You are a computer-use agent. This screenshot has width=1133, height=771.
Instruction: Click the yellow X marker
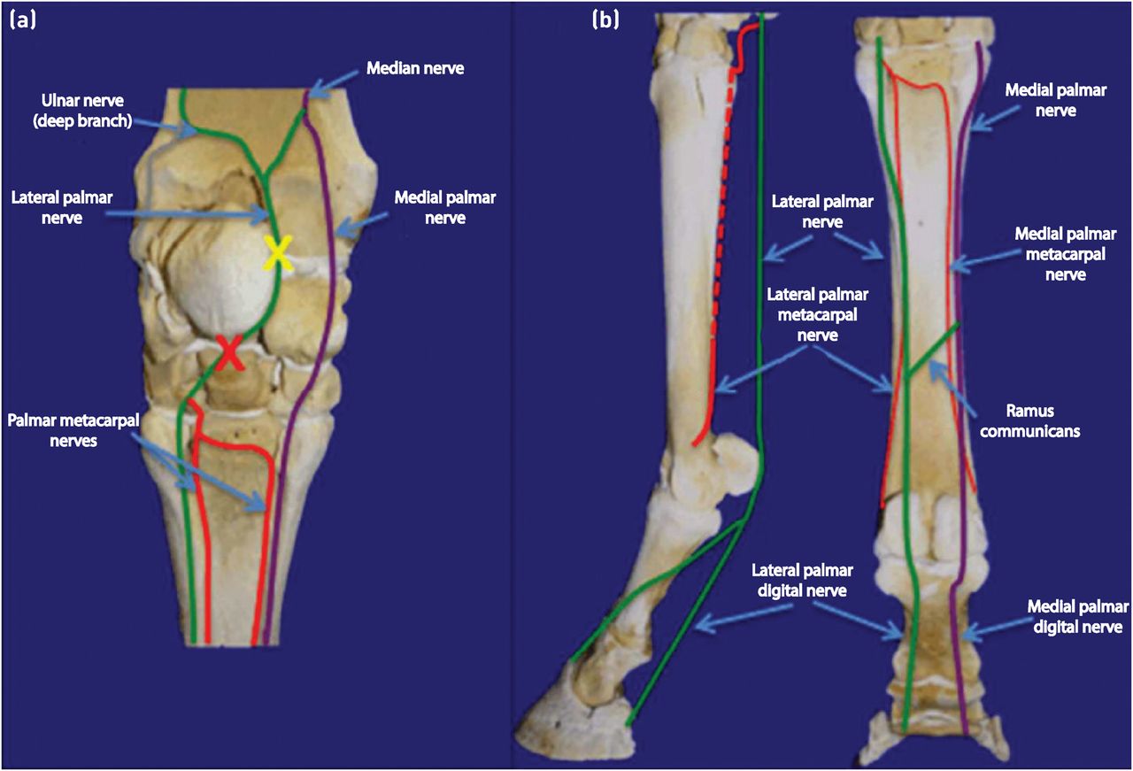click(x=277, y=254)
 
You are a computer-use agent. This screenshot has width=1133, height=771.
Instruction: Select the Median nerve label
click(x=413, y=67)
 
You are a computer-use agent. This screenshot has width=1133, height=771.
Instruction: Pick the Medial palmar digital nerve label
click(x=1077, y=617)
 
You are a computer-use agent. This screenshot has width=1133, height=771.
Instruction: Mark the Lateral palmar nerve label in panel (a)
click(x=50, y=205)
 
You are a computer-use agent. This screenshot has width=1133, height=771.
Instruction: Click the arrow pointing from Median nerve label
click(x=331, y=81)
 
